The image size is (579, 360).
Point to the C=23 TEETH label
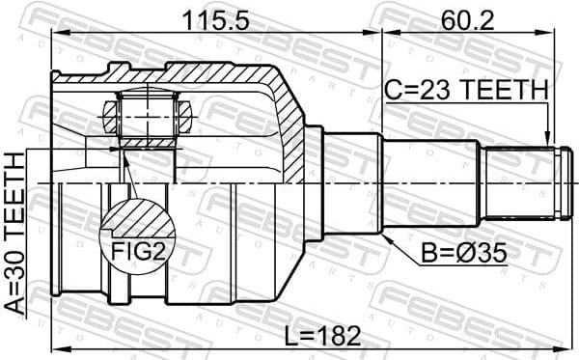point(466,91)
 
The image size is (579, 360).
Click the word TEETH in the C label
point(503,91)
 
